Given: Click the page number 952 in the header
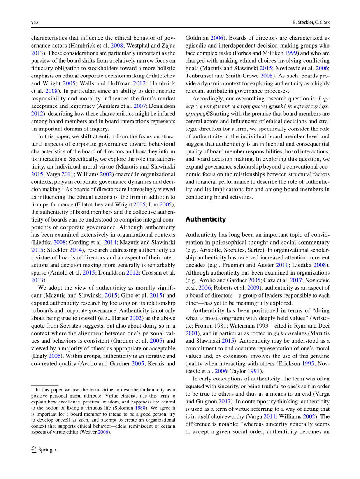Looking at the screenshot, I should [x=35, y=23].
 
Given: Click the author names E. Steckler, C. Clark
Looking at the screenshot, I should [x=311, y=23].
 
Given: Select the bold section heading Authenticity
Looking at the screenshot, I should [x=205, y=219].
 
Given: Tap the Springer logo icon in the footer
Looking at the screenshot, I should [x=34, y=449].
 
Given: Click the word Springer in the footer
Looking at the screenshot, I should [x=47, y=450].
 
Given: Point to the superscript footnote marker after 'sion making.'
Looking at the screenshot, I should [x=62, y=188].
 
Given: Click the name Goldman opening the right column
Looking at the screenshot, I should [x=197, y=38].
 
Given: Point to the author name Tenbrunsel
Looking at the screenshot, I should [x=200, y=76].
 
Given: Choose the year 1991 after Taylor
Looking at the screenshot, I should [x=253, y=371].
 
